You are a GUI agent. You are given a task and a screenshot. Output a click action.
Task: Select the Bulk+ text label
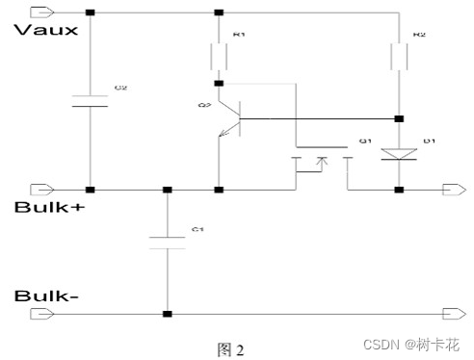point(45,208)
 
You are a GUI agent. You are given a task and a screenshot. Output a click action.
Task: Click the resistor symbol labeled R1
point(220,59)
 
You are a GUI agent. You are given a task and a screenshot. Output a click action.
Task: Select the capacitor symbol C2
point(90,101)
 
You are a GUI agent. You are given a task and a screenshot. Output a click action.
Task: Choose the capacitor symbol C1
point(168,241)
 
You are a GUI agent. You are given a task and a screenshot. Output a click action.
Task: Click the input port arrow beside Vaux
point(42,13)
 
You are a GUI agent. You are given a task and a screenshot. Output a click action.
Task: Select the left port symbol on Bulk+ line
point(42,189)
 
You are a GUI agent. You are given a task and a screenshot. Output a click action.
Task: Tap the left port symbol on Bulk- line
point(42,313)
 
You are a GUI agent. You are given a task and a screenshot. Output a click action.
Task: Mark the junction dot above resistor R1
point(220,13)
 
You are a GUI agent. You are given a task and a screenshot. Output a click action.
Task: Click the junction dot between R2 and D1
point(398,118)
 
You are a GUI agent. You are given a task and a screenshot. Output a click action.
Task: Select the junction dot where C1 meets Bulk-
point(168,313)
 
